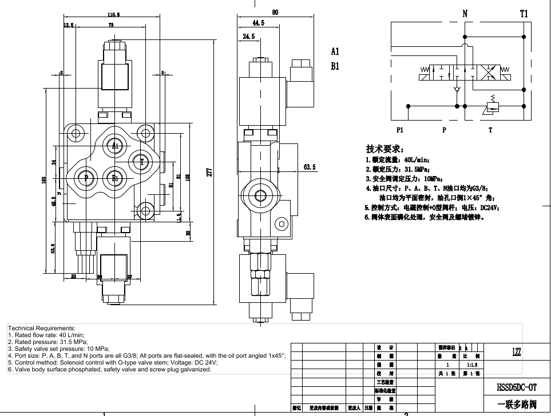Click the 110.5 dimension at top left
(x=113, y=15)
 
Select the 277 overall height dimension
(x=209, y=171)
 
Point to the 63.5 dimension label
(x=310, y=167)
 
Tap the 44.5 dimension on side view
(x=258, y=23)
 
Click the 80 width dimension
(x=275, y=12)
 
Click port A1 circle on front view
(x=114, y=146)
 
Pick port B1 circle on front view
(x=114, y=178)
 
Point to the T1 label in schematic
(x=524, y=14)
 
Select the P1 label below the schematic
(x=399, y=130)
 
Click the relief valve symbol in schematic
(x=491, y=106)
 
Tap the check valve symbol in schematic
(x=456, y=90)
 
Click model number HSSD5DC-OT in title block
(x=516, y=387)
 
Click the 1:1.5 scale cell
(x=472, y=365)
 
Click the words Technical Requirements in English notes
(x=41, y=329)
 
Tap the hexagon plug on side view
(x=281, y=223)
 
